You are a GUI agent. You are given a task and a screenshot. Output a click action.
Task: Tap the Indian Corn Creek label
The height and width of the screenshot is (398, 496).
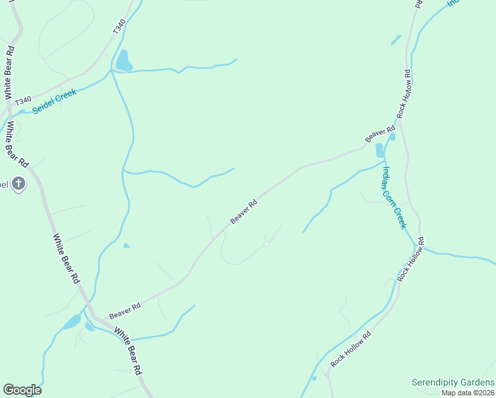393,197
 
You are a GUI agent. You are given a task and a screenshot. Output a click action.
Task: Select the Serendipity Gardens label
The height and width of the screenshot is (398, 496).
452,383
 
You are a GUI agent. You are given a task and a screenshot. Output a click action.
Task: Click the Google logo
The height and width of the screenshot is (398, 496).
22,390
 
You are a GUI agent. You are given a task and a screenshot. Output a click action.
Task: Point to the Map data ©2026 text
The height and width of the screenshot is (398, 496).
468,393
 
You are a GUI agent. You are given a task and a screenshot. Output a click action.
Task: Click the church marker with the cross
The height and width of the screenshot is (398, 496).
19,184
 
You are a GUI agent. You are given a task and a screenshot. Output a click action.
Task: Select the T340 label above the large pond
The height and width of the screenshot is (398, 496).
119,27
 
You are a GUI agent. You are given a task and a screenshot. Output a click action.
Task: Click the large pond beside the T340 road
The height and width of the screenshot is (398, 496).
123,61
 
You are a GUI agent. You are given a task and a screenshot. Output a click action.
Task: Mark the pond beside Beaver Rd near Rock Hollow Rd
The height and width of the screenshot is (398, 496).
380,150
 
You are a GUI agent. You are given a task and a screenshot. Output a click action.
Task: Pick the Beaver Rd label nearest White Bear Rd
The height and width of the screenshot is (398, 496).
125,310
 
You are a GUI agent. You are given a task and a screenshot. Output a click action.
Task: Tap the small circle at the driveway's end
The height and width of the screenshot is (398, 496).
267,244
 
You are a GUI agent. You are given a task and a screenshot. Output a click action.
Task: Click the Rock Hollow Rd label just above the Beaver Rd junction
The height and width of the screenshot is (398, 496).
404,94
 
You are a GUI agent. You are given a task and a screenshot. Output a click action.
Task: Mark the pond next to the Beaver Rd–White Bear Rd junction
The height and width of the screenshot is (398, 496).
72,322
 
